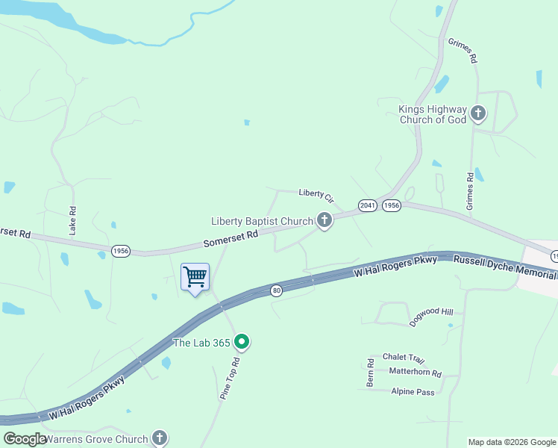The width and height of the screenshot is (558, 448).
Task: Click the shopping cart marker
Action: pyautogui.click(x=195, y=278)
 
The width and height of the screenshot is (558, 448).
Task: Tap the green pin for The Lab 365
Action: pyautogui.click(x=241, y=343)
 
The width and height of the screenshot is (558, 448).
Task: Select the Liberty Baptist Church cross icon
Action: pyautogui.click(x=324, y=220)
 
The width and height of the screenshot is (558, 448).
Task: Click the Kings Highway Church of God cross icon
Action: pyautogui.click(x=477, y=114)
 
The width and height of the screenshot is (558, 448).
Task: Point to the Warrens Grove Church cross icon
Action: pyautogui.click(x=159, y=438)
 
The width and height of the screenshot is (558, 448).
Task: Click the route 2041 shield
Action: pyautogui.click(x=366, y=205)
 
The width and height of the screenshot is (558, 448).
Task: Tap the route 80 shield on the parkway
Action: pyautogui.click(x=276, y=290)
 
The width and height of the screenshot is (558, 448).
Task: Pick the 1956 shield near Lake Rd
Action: pyautogui.click(x=121, y=251)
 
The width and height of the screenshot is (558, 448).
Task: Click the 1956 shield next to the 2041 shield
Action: pyautogui.click(x=392, y=205)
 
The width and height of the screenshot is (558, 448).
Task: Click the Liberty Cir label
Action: pyautogui.click(x=316, y=194)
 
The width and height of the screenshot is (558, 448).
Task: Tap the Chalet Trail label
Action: pyautogui.click(x=403, y=359)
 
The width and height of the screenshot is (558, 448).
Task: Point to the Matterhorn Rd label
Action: pyautogui.click(x=416, y=373)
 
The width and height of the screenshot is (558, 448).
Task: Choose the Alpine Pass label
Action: pyautogui.click(x=413, y=391)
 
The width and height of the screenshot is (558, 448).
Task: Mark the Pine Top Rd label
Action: pyautogui.click(x=231, y=379)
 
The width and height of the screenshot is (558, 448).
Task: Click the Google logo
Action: pyautogui.click(x=25, y=439)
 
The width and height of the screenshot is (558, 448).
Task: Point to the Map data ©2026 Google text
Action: pyautogui.click(x=511, y=442)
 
